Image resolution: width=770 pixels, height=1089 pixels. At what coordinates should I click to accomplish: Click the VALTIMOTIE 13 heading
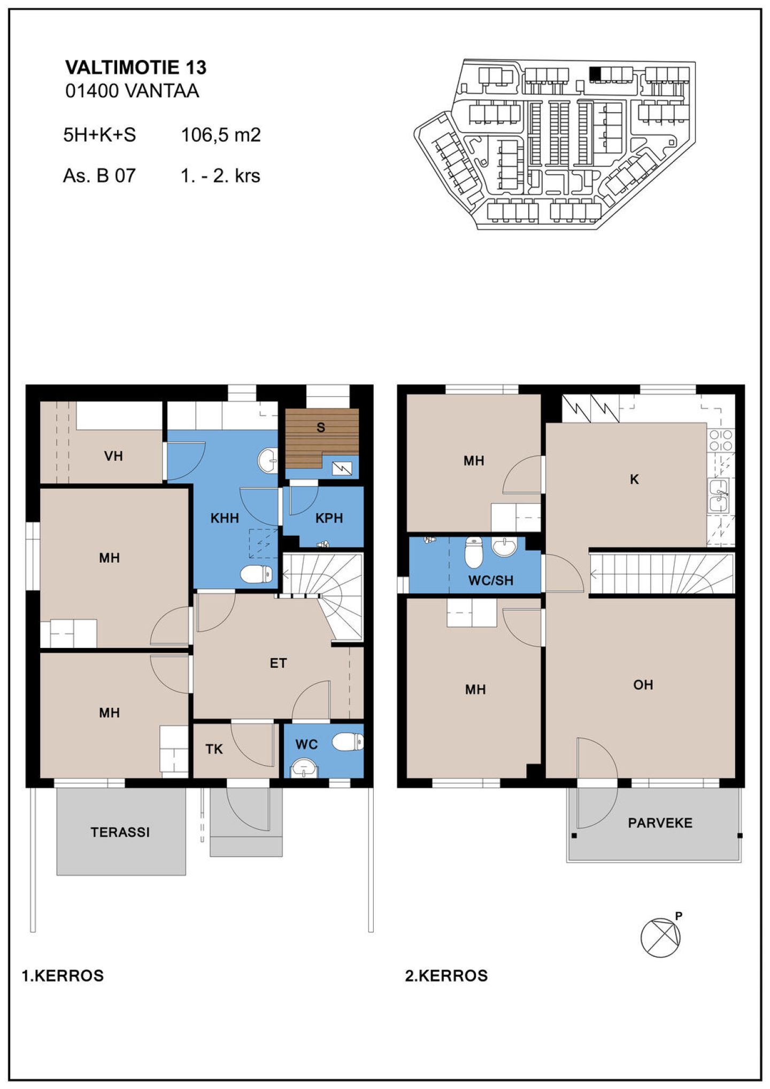pyautogui.click(x=136, y=67)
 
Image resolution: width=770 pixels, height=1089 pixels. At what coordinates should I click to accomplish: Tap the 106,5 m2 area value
pyautogui.click(x=221, y=135)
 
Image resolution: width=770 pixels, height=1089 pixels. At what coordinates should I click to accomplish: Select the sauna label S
pyautogui.click(x=321, y=427)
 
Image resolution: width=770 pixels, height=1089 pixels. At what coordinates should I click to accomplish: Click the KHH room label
pyautogui.click(x=225, y=518)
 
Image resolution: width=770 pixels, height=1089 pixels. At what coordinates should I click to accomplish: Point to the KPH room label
pyautogui.click(x=329, y=518)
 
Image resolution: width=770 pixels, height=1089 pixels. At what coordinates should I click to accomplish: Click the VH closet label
pyautogui.click(x=113, y=456)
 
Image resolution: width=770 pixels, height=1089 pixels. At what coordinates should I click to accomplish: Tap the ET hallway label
pyautogui.click(x=278, y=663)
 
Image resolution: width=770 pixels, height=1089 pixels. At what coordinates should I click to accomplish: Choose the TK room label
pyautogui.click(x=214, y=749)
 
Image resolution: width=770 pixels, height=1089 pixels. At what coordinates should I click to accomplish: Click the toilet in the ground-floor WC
pyautogui.click(x=348, y=742)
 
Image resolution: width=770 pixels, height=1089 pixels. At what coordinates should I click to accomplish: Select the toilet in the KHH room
pyautogui.click(x=256, y=575)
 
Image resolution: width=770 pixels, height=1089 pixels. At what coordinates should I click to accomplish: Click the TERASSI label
pyautogui.click(x=120, y=832)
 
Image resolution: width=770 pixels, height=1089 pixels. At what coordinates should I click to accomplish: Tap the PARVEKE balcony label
pyautogui.click(x=660, y=823)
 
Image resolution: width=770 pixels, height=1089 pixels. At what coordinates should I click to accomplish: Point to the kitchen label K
pyautogui.click(x=634, y=479)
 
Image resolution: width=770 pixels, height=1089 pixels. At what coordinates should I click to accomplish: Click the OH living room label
pyautogui.click(x=643, y=685)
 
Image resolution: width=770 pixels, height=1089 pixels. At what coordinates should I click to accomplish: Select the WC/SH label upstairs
pyautogui.click(x=491, y=580)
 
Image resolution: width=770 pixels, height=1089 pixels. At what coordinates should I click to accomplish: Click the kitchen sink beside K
pyautogui.click(x=719, y=496)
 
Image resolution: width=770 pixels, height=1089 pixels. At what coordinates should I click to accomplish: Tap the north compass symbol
pyautogui.click(x=662, y=937)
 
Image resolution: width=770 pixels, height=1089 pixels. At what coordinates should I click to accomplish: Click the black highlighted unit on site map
pyautogui.click(x=595, y=73)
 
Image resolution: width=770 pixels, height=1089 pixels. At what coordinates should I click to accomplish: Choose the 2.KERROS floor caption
pyautogui.click(x=446, y=976)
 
